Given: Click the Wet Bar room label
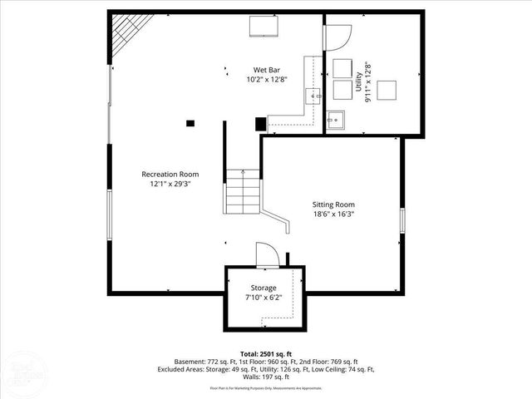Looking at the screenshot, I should pos(266,70).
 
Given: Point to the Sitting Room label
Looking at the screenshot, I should pos(333,204).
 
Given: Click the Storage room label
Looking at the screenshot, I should pos(264,288).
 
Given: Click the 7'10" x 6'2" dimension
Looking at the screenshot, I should pos(264,298).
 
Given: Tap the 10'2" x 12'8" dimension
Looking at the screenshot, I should pos(266,80).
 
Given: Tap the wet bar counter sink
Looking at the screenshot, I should pos(313,96).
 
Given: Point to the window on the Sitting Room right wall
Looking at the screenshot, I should pos(402,220).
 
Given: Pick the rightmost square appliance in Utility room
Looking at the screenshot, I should pos(387,90).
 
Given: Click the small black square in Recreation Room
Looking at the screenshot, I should pos(190,123).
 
